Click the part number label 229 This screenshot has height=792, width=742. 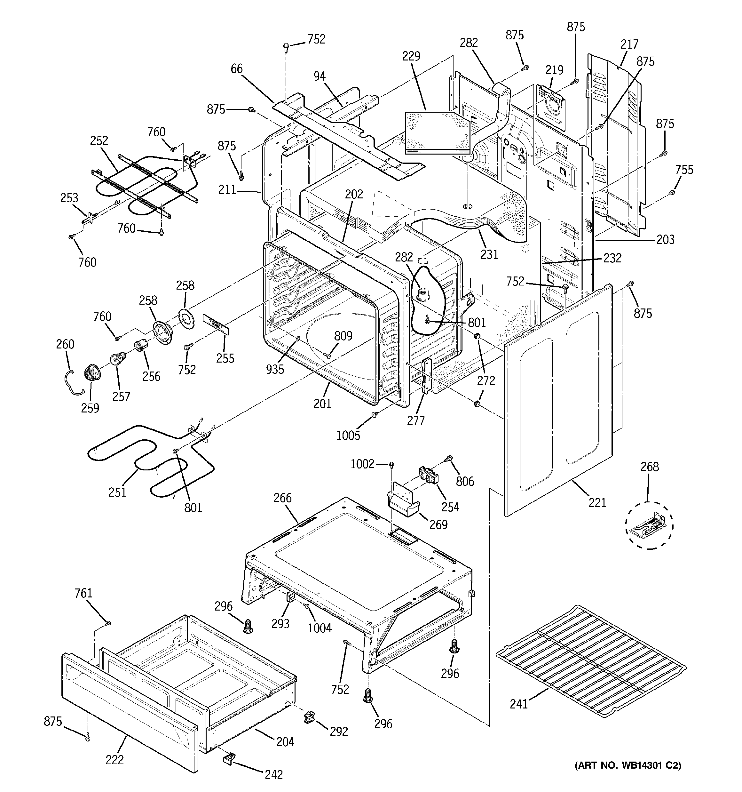pos(411,56)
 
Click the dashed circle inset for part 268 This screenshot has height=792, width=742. pos(649,525)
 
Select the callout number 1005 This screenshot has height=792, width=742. pos(348,436)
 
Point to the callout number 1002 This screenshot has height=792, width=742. pos(362,464)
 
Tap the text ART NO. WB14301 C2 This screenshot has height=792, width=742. pos(628,765)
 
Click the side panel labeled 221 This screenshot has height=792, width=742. pos(557,398)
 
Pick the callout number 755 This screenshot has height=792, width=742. pos(684,170)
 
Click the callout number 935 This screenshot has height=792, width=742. pos(275,369)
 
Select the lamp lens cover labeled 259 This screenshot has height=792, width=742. pos(92,373)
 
